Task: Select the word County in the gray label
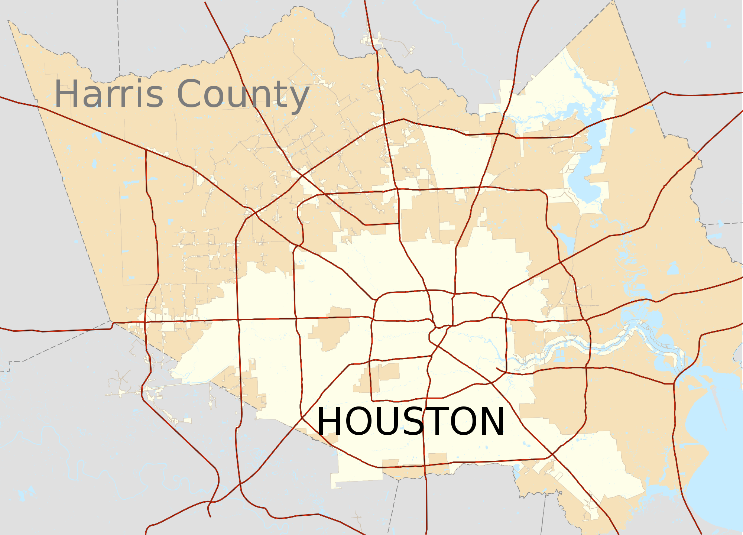pyautogui.click(x=243, y=94)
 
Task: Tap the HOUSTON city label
pyautogui.click(x=411, y=421)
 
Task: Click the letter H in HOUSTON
pyautogui.click(x=330, y=421)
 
